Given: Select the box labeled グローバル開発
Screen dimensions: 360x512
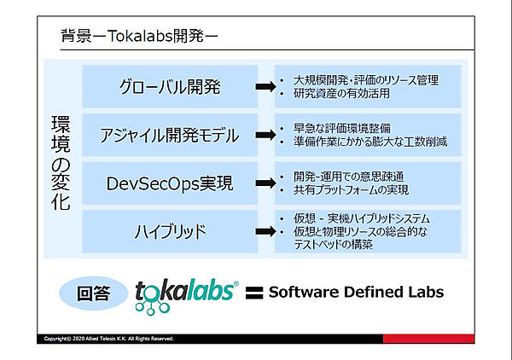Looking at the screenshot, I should click(x=169, y=86).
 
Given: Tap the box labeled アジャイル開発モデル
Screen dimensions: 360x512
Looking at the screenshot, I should click(x=169, y=134).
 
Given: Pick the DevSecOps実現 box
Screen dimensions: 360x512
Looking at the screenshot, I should click(x=169, y=183).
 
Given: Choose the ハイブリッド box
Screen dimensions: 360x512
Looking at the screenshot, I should click(x=169, y=230).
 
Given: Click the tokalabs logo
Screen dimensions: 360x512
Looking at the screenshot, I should click(x=186, y=292).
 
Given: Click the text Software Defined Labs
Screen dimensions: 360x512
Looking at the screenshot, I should click(x=356, y=292).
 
